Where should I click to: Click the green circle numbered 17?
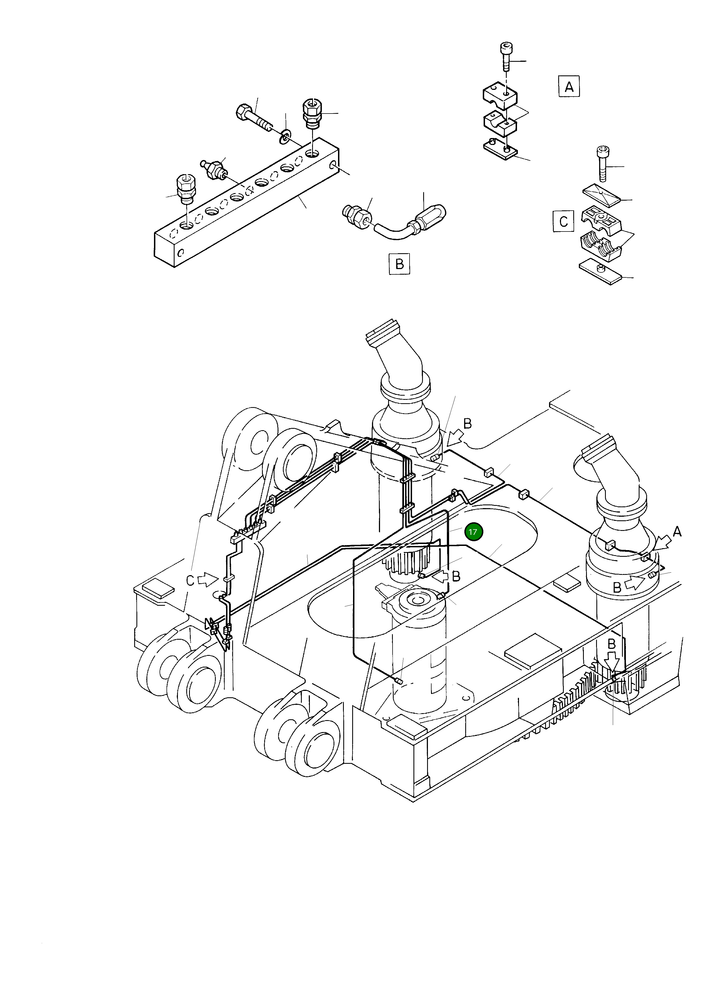[473, 531]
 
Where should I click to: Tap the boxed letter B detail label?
[399, 264]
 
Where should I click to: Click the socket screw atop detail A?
[506, 55]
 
